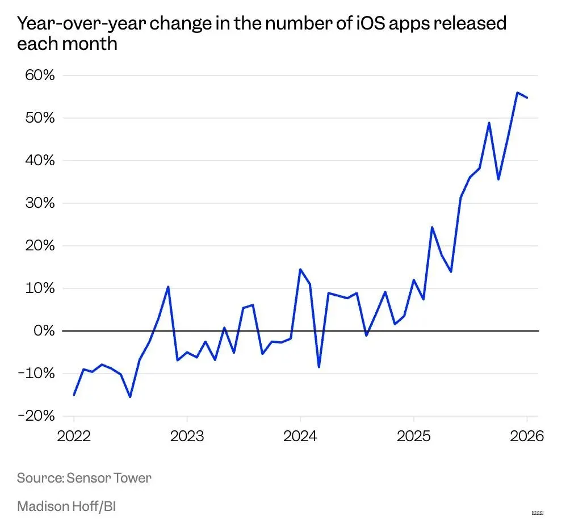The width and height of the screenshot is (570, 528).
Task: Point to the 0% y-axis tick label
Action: click(43, 330)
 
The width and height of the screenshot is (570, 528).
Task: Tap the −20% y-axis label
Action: click(36, 416)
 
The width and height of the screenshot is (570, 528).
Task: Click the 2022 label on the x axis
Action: click(74, 437)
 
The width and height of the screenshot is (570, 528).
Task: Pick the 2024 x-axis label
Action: click(300, 437)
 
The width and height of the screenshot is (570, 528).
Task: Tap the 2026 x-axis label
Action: click(526, 437)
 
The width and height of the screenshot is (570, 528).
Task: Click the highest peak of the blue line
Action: click(517, 93)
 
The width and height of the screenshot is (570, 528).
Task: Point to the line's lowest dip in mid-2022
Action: click(130, 397)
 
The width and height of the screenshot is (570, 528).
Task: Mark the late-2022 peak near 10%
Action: click(168, 287)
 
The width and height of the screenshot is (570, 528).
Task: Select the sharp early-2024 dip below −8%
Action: click(319, 367)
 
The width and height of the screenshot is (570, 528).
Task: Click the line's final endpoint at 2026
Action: click(527, 98)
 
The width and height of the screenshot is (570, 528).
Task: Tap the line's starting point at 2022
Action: click(74, 394)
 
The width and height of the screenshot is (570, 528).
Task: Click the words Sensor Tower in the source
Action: click(109, 477)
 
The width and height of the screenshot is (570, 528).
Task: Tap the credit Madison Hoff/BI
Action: click(66, 506)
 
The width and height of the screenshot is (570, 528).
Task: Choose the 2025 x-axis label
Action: click(413, 437)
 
